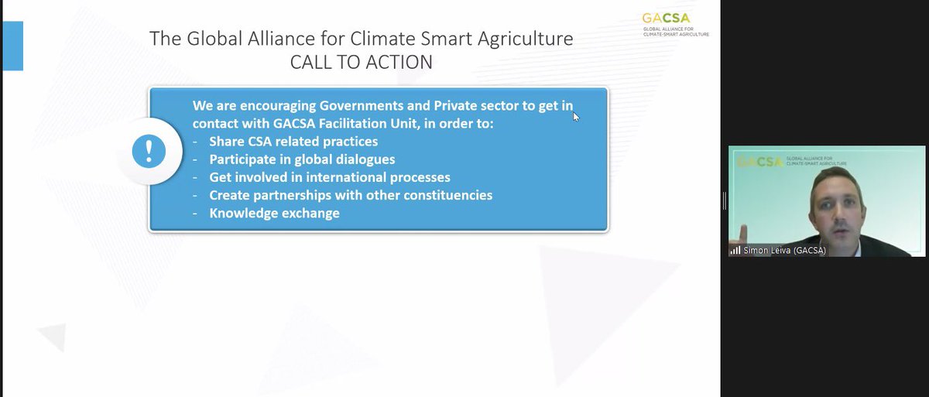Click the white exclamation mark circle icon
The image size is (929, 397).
149,151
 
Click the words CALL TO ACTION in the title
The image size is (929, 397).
361,62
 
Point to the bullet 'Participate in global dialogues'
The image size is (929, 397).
302,159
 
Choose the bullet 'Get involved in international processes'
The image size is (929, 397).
330,177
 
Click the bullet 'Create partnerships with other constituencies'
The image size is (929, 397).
351,195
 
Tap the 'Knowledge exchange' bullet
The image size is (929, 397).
274,213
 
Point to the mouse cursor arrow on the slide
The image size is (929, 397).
575,116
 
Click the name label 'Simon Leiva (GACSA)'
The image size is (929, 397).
783,250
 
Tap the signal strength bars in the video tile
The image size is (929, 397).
735,250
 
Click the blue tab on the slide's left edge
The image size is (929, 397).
12,46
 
